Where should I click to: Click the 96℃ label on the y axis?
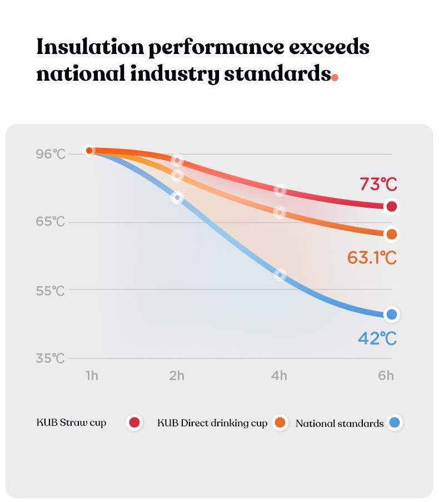(x=51, y=154)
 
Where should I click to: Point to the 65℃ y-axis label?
(x=51, y=222)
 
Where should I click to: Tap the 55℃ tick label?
(x=51, y=291)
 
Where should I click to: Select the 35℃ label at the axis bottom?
(x=51, y=358)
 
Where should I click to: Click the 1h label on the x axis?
(x=92, y=376)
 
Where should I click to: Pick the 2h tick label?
(x=177, y=376)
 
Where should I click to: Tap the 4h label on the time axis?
(x=279, y=376)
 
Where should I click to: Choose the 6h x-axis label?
(x=386, y=376)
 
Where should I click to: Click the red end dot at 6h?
(x=392, y=206)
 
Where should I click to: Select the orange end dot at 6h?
(x=392, y=234)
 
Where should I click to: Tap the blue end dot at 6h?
(x=392, y=314)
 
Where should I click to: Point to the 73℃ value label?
(x=378, y=184)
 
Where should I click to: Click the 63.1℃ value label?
(x=372, y=258)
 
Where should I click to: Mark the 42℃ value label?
(x=377, y=338)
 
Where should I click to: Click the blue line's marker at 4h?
(x=280, y=274)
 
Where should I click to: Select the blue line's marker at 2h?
(x=177, y=198)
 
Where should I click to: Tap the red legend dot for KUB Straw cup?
(x=134, y=423)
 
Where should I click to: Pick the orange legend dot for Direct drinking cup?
(x=280, y=423)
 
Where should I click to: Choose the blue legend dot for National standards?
(x=394, y=423)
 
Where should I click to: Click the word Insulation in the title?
(x=89, y=47)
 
